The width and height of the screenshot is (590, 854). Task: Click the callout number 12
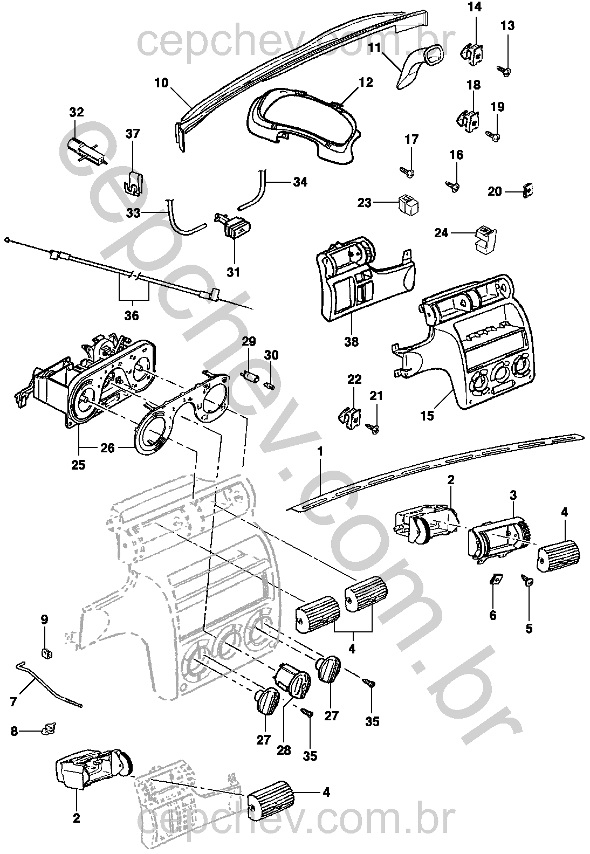click(x=366, y=82)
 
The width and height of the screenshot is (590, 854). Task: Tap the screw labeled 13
click(x=505, y=70)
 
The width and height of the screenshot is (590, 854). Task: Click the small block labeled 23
click(x=409, y=204)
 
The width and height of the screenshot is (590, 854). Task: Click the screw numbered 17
click(x=407, y=171)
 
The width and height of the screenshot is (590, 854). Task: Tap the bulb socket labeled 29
click(x=249, y=376)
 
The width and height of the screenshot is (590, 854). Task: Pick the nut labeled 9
click(x=46, y=653)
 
